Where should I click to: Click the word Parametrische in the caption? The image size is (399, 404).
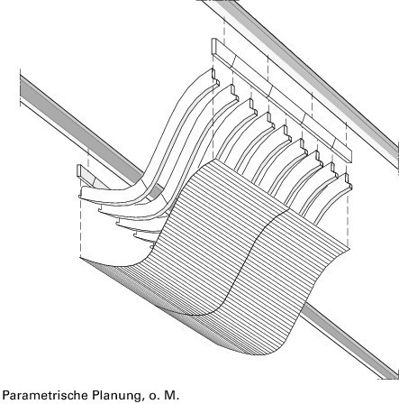[x=45, y=395]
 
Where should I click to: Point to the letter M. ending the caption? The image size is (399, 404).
[x=170, y=395]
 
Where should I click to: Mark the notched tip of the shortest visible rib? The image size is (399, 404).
[x=349, y=181]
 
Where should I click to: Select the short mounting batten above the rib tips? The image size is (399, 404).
[x=282, y=101]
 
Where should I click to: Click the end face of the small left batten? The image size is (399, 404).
[x=79, y=170]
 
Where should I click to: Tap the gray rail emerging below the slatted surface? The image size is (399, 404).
[x=349, y=341]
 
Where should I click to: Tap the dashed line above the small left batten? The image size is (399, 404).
[x=88, y=158]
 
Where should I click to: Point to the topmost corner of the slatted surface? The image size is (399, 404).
[x=215, y=160]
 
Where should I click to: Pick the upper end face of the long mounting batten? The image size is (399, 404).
[x=213, y=47]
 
